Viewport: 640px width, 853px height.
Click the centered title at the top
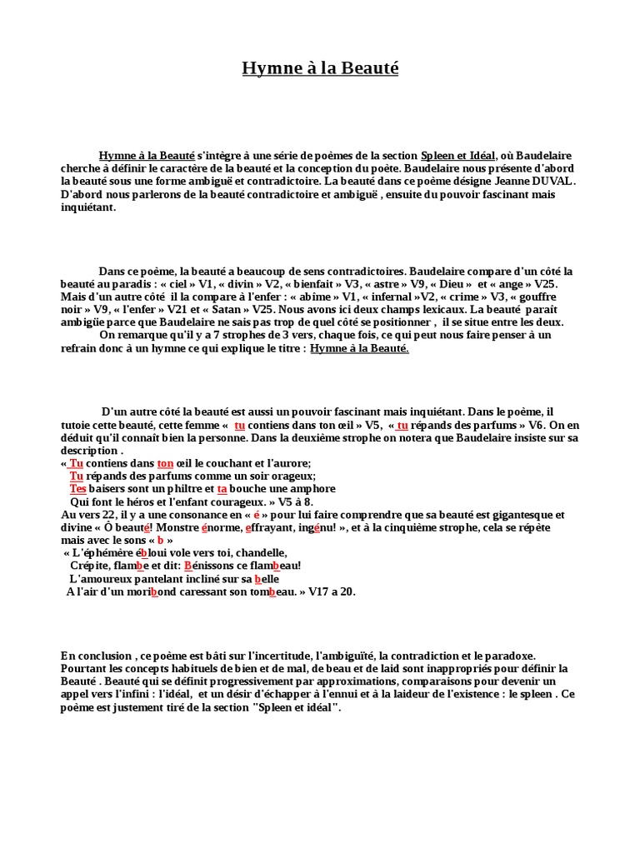pos(320,68)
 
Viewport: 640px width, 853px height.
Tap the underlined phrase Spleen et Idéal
pos(458,156)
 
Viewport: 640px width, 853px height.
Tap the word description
pos(87,451)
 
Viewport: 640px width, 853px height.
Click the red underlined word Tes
pos(78,489)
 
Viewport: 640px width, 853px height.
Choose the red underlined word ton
pos(165,463)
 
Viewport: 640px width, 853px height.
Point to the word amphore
pos(311,489)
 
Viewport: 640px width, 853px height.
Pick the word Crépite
pos(90,566)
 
